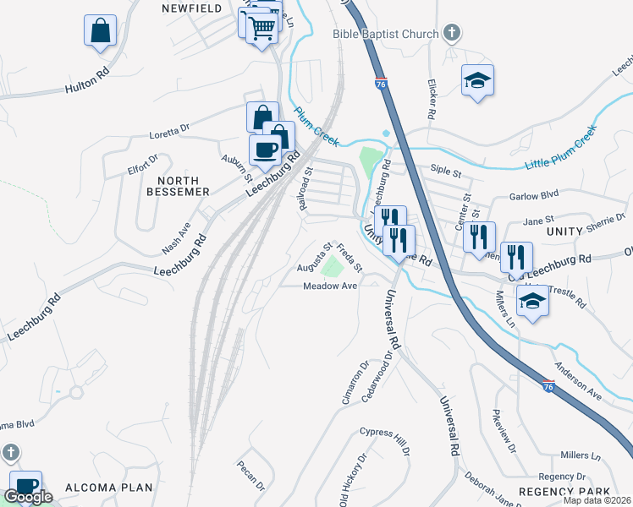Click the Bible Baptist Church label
(384, 34)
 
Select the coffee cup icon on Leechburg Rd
(265, 150)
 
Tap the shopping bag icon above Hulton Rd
(100, 30)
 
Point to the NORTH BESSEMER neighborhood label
(178, 186)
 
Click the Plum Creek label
(316, 122)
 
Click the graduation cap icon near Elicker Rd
(477, 80)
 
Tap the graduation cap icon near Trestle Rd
(532, 302)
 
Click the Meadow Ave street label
(330, 286)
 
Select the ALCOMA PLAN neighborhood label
(108, 487)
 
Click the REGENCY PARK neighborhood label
(564, 492)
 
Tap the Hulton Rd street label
(88, 82)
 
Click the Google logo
(28, 497)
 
